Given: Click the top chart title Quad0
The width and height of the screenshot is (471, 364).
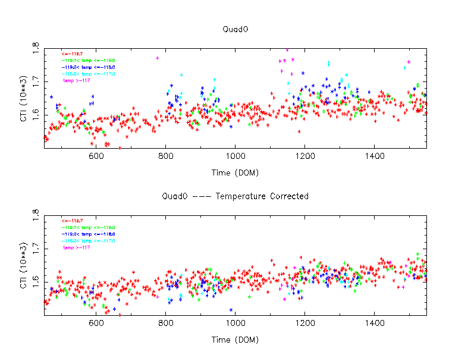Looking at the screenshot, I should click(x=235, y=29).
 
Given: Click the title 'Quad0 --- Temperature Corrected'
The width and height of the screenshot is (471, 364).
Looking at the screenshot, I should click(x=235, y=196).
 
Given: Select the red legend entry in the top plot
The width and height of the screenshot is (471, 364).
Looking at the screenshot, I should click(x=73, y=54).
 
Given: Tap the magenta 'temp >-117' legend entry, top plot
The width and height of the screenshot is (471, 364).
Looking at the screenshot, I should click(x=77, y=80).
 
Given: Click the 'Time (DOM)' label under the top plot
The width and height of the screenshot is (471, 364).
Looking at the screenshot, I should click(x=235, y=172).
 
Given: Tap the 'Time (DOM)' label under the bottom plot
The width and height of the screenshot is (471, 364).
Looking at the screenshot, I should click(x=235, y=340).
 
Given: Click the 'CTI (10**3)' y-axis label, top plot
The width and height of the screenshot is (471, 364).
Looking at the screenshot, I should click(x=22, y=98).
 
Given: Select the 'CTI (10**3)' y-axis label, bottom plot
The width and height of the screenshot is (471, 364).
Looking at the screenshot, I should click(x=22, y=266).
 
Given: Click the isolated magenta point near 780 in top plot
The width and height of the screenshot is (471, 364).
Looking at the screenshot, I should click(x=158, y=58).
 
